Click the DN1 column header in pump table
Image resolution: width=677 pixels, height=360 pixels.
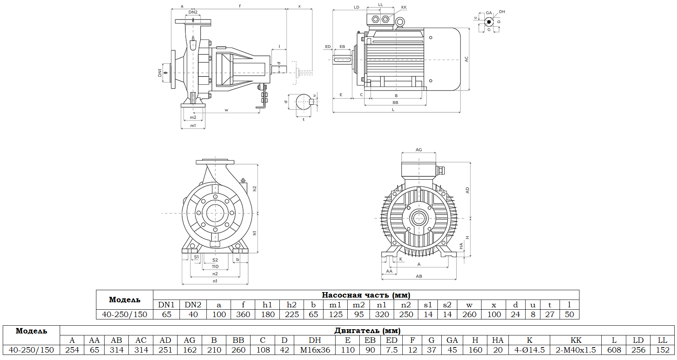click(166, 305)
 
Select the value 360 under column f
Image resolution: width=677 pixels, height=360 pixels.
click(243, 314)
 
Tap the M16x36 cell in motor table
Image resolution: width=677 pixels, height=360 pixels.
click(315, 350)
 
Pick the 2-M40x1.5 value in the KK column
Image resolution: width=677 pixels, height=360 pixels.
click(576, 350)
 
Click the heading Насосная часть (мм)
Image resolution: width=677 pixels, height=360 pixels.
click(366, 295)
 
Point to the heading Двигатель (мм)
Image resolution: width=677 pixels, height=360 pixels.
click(367, 331)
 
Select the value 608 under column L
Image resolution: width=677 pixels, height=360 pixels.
click(614, 350)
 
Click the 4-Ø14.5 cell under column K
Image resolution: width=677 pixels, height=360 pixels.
click(529, 350)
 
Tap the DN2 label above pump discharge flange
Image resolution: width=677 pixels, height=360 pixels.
click(193, 12)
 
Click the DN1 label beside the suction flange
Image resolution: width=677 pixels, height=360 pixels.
click(160, 73)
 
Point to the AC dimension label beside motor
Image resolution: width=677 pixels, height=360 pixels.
click(466, 59)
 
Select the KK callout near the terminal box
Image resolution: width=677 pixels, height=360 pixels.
click(404, 7)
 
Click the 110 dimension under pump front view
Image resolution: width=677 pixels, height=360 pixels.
click(215, 267)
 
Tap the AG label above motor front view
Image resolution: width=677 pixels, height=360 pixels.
click(419, 150)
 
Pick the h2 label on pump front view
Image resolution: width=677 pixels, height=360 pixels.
click(254, 188)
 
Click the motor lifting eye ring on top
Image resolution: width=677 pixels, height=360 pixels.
click(399, 23)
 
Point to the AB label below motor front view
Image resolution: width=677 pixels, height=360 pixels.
click(419, 276)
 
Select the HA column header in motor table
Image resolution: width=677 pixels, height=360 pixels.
click(498, 340)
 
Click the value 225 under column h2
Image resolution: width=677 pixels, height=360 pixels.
click(291, 314)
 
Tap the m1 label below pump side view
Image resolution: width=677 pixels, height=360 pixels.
click(193, 126)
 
